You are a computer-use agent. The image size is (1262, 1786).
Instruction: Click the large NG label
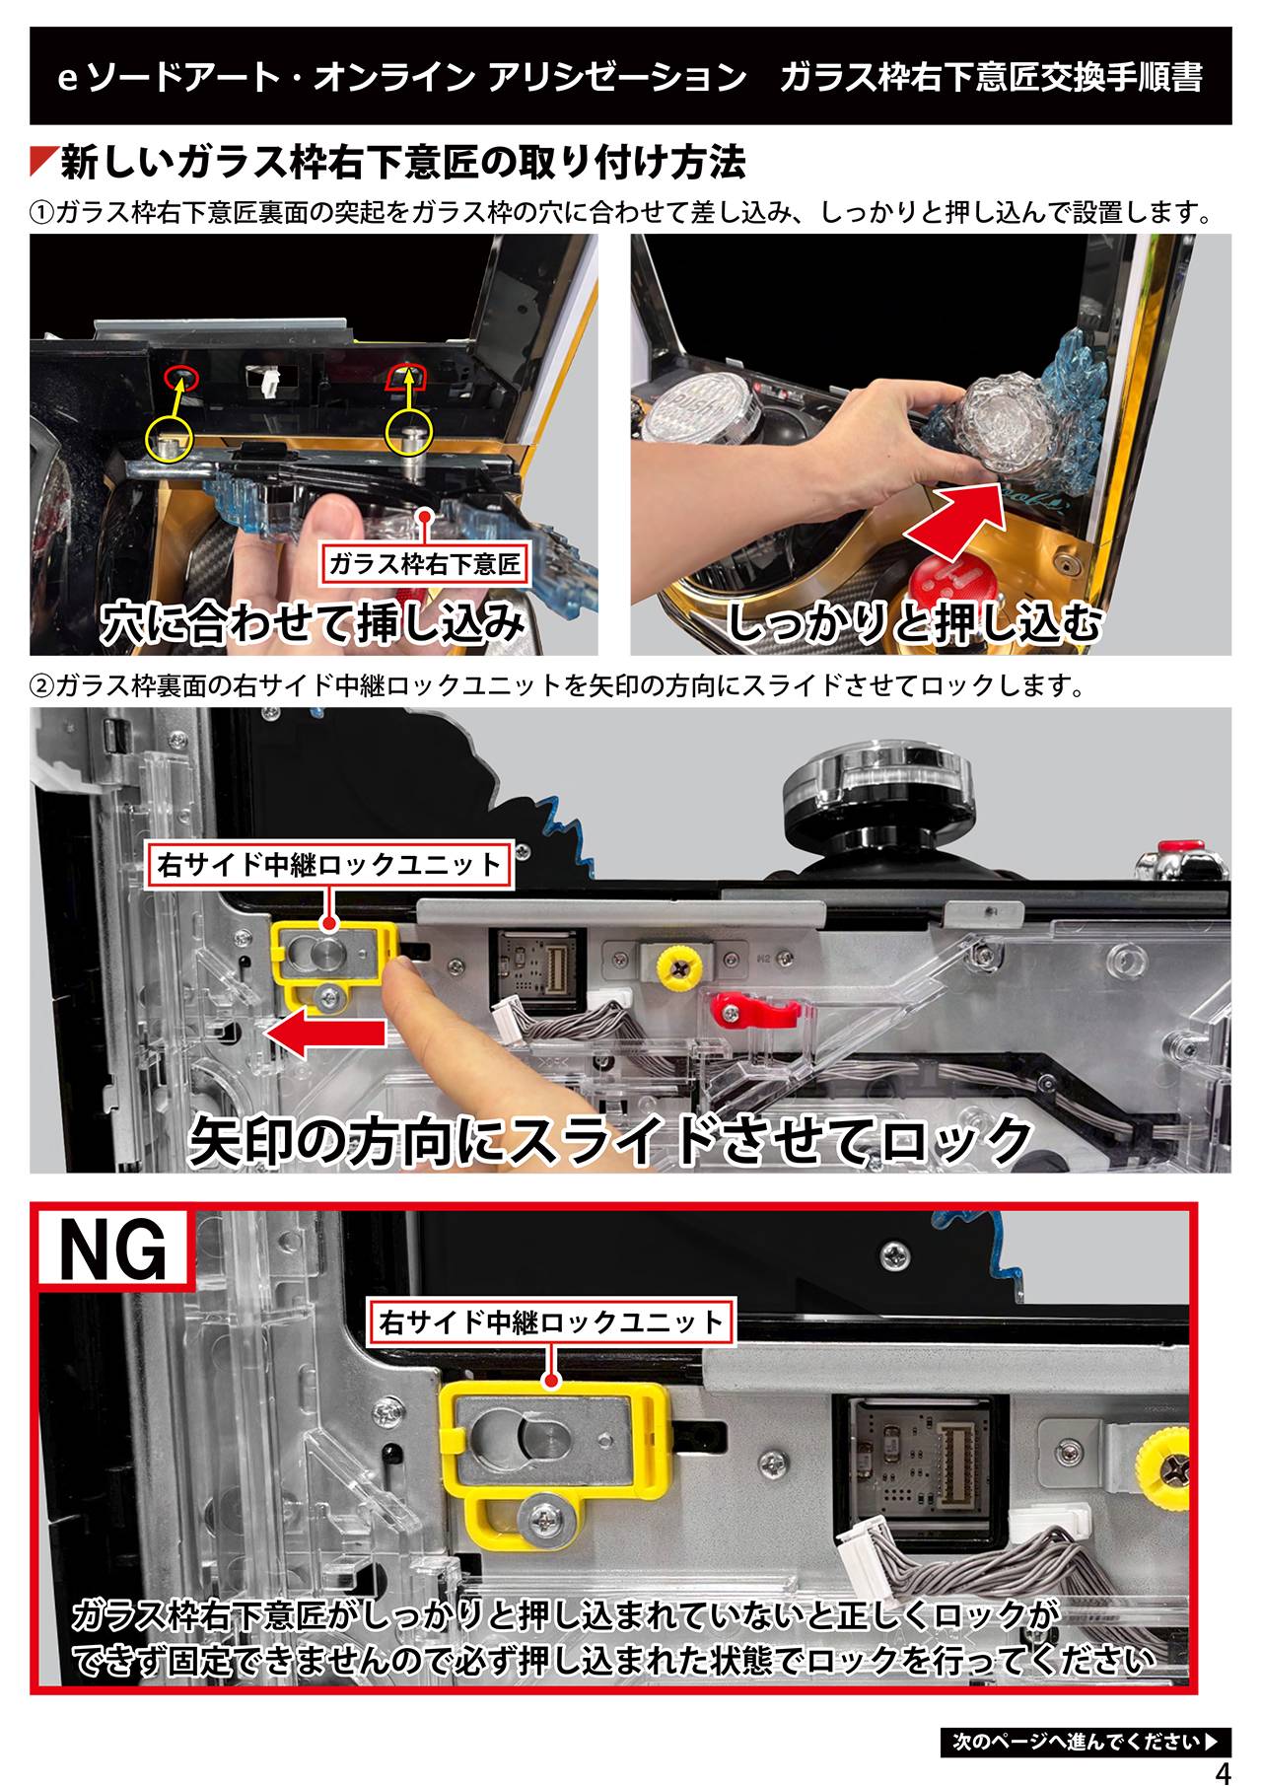coord(113,1250)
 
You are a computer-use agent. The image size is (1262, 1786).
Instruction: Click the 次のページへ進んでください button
coord(1086,1742)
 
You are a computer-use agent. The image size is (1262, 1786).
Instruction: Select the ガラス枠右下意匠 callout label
coord(425,564)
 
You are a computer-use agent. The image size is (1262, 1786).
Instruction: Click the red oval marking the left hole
coord(181,374)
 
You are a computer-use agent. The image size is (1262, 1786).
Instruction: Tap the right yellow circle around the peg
coord(408,433)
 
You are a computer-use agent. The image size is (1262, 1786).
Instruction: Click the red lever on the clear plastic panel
coord(750,1007)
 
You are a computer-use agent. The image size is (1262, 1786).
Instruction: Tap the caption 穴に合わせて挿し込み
coord(314,623)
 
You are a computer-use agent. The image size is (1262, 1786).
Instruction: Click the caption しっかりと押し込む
coord(914,623)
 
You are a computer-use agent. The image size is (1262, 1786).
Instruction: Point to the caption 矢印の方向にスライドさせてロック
coord(609,1139)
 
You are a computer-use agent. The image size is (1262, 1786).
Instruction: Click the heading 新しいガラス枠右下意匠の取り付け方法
coord(402,162)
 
